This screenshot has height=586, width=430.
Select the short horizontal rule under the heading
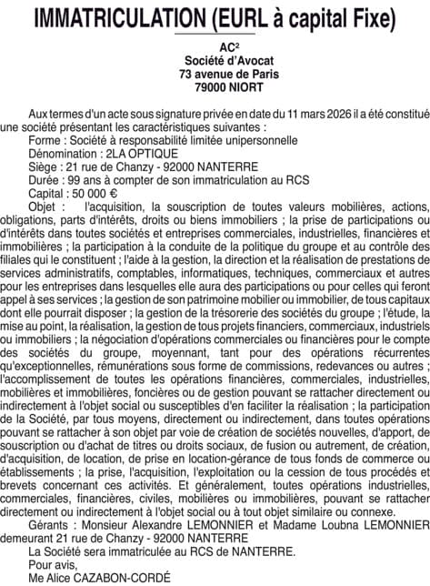(215, 35)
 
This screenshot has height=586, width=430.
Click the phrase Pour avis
(50, 564)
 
